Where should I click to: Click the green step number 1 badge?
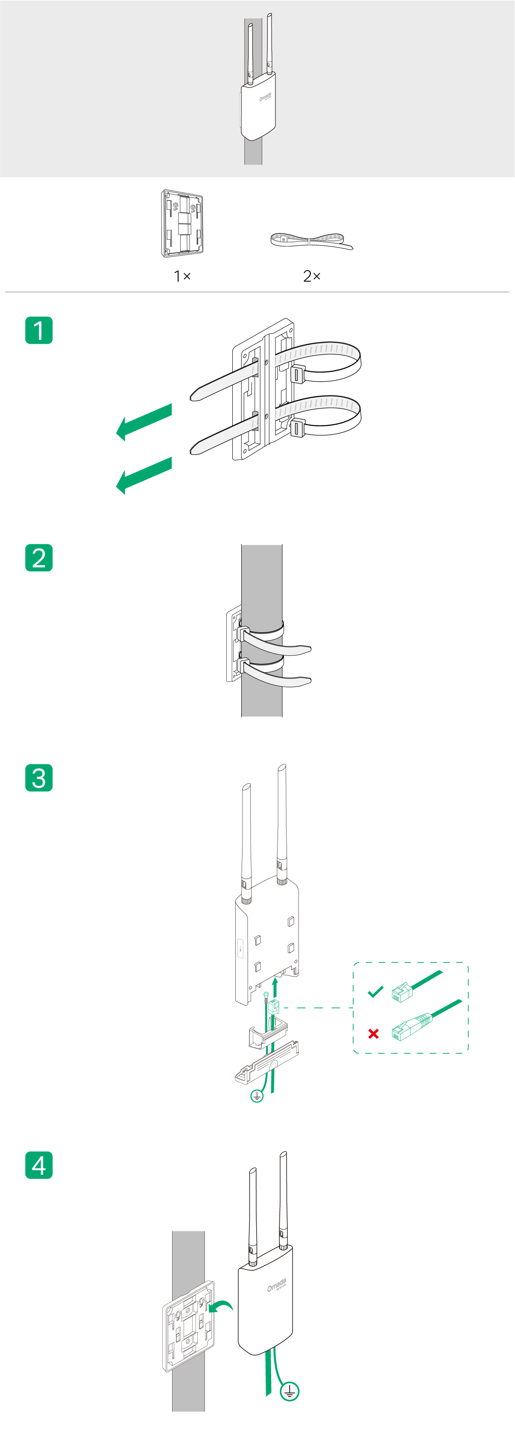(x=39, y=330)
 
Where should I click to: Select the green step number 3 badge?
(x=39, y=778)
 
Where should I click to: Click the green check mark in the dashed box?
(x=376, y=991)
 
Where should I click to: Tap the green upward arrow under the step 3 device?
(x=275, y=987)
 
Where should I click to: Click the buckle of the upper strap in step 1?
(x=298, y=374)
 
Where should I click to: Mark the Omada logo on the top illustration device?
(x=265, y=97)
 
